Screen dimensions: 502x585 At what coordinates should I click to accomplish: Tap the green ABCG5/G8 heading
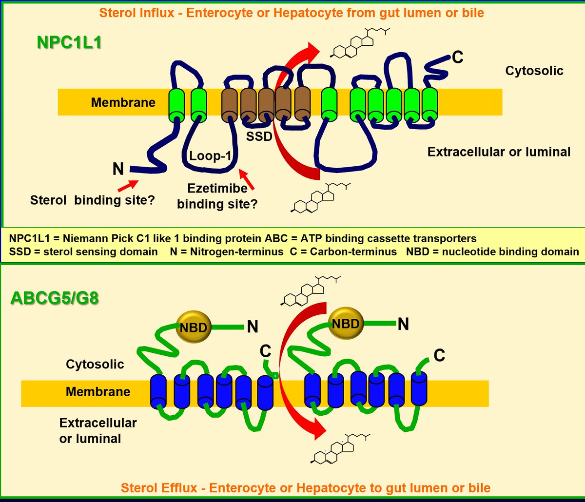(55, 297)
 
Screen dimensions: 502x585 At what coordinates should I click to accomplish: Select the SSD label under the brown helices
(258, 137)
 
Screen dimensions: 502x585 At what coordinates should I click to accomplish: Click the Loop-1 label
(210, 156)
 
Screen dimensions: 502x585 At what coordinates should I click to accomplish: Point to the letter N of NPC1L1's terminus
(118, 169)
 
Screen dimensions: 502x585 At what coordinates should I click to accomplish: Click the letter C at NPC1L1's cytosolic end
(457, 58)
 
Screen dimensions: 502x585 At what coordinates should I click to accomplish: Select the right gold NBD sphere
(347, 324)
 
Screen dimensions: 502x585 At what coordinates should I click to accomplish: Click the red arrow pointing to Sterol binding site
(128, 185)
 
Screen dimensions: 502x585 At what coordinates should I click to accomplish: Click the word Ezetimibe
(217, 189)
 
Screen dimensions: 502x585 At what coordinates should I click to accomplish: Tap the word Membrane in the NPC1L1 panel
(123, 102)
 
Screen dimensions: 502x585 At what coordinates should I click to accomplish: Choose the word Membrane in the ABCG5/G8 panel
(98, 392)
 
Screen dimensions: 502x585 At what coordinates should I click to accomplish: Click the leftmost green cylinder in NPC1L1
(176, 103)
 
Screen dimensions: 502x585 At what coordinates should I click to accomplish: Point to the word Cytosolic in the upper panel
(534, 71)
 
